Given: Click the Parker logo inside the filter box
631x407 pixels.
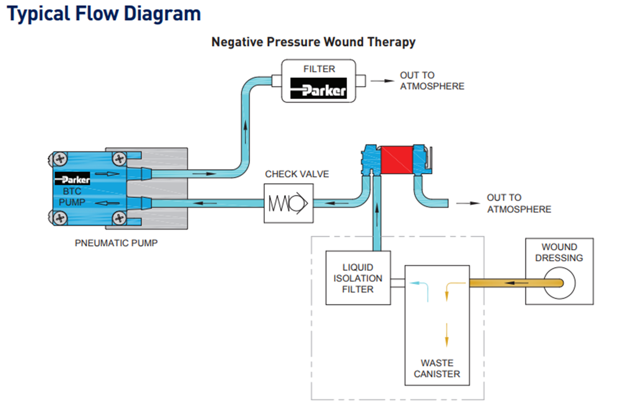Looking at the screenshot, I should (318, 89).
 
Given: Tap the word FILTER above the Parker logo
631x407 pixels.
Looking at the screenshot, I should (319, 69).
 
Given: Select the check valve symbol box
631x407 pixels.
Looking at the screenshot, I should (288, 203).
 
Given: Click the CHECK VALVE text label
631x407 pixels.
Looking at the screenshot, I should (297, 174).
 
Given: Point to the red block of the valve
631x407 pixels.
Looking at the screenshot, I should (397, 160).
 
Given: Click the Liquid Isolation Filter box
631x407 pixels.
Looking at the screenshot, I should (358, 278).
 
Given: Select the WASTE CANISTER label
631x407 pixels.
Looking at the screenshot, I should (437, 369).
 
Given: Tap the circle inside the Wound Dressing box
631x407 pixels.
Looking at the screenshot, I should (559, 283).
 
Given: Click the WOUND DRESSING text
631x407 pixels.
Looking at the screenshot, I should (559, 253).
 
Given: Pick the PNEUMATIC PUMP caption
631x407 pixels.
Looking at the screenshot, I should (116, 243).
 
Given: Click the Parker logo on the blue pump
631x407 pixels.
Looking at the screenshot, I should (72, 179).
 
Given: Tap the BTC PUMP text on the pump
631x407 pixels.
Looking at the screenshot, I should (72, 197).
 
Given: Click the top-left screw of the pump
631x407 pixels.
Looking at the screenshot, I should (60, 158).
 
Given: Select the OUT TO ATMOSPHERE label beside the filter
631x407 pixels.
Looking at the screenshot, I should (431, 81).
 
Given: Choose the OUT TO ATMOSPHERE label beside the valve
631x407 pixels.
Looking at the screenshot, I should (519, 203).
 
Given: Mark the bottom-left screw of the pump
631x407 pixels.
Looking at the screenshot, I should (60, 218).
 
